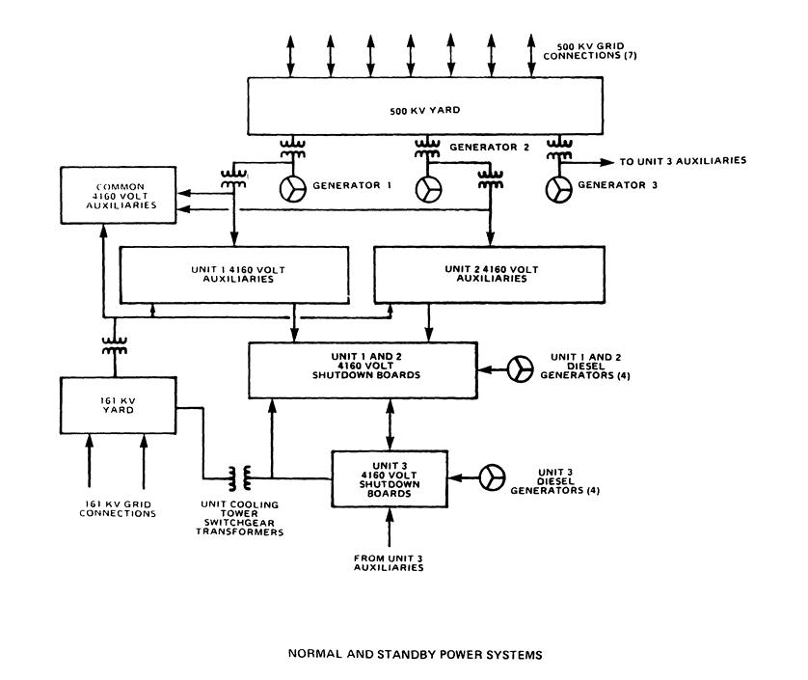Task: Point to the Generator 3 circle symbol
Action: click(558, 190)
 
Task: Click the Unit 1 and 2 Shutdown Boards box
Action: click(363, 367)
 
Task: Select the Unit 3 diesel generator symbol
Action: click(494, 476)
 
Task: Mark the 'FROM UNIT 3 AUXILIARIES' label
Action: click(390, 562)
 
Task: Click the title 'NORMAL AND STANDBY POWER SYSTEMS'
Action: click(416, 653)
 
